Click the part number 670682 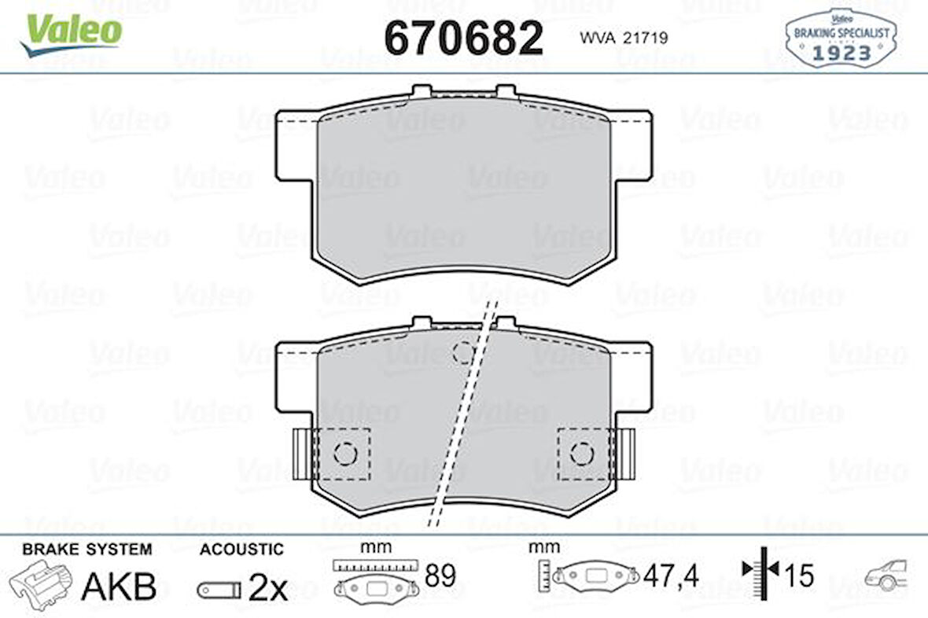coord(463,38)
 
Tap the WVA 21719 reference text coord(624,37)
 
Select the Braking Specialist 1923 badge coord(842,39)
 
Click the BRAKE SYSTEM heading coord(87,549)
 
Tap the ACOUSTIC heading coord(241,549)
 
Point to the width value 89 coord(440,576)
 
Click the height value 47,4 coord(670,576)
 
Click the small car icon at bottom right coord(886,576)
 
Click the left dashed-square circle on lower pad coord(344,453)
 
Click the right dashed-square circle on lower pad coord(581,453)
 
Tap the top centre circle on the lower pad coord(464,351)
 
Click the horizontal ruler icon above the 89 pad coord(373,565)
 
